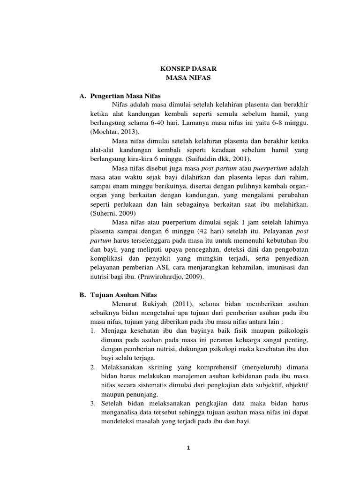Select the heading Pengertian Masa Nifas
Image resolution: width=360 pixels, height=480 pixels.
(125, 96)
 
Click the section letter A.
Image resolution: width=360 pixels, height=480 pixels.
(82, 96)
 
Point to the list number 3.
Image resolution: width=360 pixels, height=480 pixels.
(93, 404)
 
